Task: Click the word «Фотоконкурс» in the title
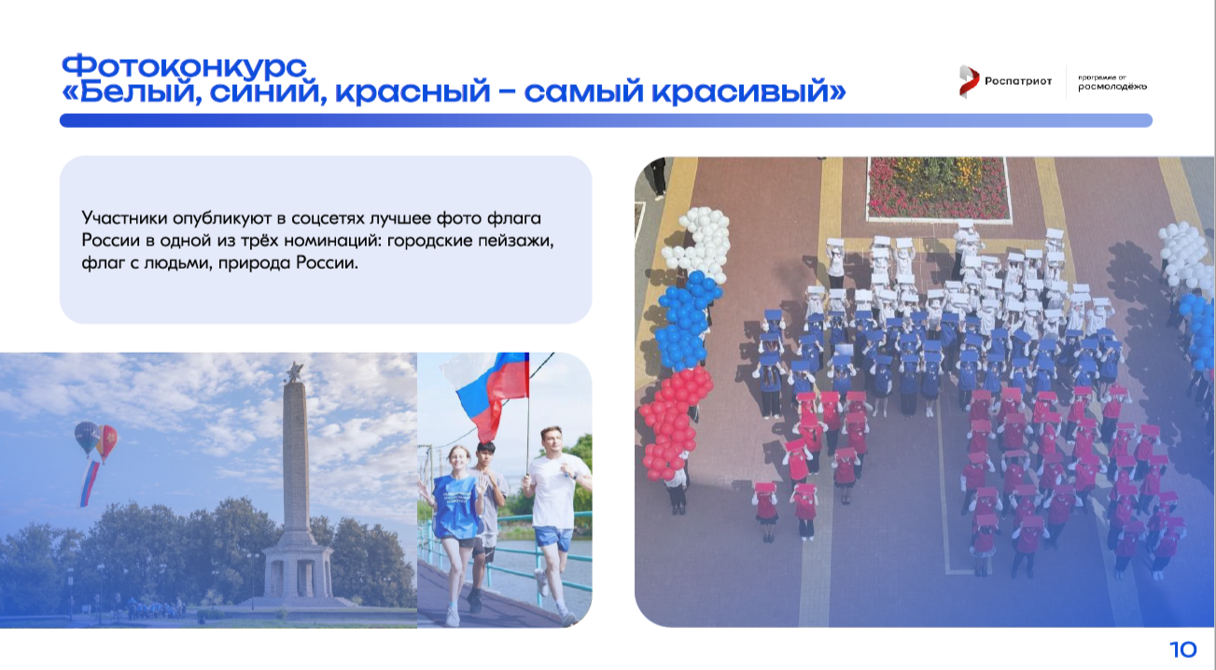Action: pyautogui.click(x=184, y=67)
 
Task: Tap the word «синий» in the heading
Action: pyautogui.click(x=268, y=91)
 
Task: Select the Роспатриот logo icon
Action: pyautogui.click(x=969, y=81)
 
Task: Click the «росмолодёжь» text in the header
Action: pyautogui.click(x=1112, y=87)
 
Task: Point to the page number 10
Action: pyautogui.click(x=1183, y=649)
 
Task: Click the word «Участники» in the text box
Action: pyautogui.click(x=124, y=218)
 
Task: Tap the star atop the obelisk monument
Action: pyautogui.click(x=295, y=371)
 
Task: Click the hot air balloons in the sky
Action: pyautogui.click(x=96, y=439)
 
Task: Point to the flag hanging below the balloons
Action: pyautogui.click(x=90, y=482)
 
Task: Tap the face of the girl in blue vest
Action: pyautogui.click(x=459, y=460)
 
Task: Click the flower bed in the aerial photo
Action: pyautogui.click(x=939, y=188)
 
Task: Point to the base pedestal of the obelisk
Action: pyautogui.click(x=298, y=576)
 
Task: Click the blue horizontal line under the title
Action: pyautogui.click(x=606, y=120)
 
